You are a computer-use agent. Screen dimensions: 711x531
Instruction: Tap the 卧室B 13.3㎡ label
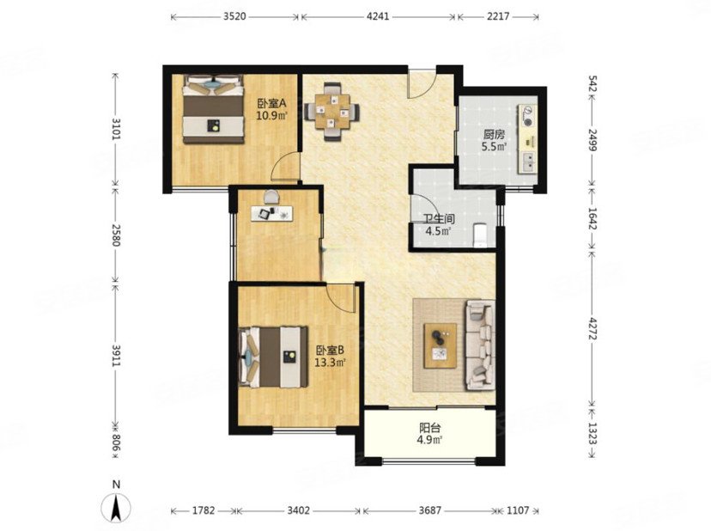331,357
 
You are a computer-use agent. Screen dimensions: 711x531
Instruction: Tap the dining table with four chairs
333,111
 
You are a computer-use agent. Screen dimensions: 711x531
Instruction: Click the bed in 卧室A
213,109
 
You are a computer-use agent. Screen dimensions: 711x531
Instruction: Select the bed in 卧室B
273,357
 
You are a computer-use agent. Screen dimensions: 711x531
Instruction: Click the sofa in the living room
479,345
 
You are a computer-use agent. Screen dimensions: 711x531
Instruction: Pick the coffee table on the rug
440,345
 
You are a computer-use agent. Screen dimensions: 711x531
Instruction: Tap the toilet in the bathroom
479,235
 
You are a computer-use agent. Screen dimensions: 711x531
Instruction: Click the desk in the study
272,213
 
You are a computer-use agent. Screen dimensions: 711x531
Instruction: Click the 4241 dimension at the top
377,17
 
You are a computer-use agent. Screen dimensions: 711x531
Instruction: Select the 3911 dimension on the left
117,355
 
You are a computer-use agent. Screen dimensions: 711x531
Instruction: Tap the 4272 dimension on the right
592,326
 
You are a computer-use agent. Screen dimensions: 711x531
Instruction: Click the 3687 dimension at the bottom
429,510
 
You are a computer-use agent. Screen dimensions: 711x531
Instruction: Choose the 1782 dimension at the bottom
203,510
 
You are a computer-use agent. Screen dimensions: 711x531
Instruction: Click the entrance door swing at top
422,83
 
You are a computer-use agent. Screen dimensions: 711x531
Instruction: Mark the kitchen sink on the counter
528,162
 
